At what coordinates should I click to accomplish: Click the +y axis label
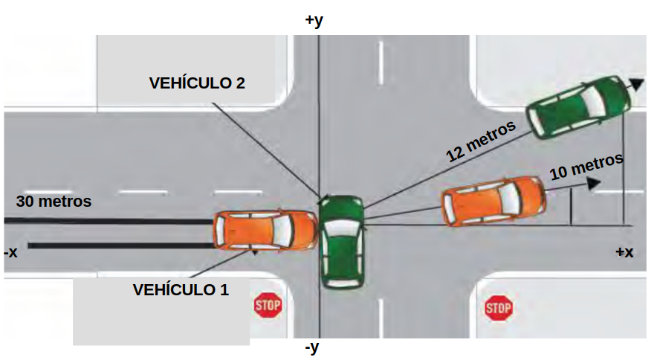click(314, 20)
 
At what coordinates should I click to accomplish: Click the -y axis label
click(313, 347)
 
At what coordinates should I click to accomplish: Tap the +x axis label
click(624, 252)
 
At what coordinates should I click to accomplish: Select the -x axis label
click(10, 252)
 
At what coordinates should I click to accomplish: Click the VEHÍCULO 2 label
click(197, 83)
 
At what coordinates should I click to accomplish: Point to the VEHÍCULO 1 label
click(181, 289)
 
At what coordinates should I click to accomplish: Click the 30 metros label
click(54, 201)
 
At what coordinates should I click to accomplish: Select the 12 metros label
click(481, 141)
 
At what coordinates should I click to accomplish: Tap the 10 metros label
click(586, 167)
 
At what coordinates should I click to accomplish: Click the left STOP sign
click(268, 305)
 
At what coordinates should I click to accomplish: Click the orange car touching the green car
click(265, 230)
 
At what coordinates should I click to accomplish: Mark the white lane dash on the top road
click(381, 63)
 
